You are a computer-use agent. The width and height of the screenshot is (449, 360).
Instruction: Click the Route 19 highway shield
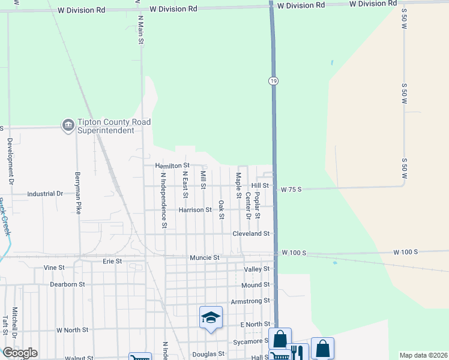[x=273, y=80]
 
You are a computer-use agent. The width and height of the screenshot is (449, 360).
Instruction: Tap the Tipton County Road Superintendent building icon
[x=67, y=125]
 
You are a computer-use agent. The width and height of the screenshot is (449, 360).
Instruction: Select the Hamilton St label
[x=172, y=165]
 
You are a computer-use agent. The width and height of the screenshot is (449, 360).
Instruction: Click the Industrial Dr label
[x=46, y=194]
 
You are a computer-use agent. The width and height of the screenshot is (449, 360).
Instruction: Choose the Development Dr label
[x=10, y=161]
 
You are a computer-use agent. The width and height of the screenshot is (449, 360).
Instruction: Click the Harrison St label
[x=195, y=210]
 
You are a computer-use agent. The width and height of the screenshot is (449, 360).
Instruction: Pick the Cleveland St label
[x=251, y=233]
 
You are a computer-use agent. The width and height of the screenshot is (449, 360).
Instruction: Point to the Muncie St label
[x=204, y=257]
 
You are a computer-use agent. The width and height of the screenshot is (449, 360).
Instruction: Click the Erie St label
[x=112, y=262]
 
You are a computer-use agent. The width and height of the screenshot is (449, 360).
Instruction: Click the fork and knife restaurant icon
[x=295, y=352]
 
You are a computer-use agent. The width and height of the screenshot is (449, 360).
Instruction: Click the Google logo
[x=20, y=353]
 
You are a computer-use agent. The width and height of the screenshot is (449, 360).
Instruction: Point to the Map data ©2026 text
[x=423, y=355]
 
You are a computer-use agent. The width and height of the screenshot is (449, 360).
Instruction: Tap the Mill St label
[x=203, y=179]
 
